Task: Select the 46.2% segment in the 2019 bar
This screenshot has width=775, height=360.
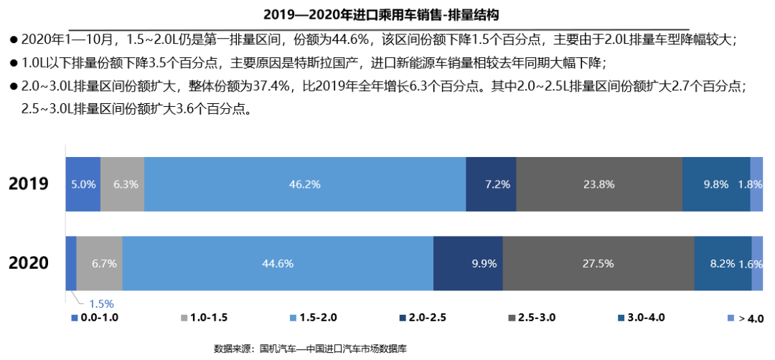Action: (304, 184)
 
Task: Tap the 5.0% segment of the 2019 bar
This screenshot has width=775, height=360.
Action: (83, 184)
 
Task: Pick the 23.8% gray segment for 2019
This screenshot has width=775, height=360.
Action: (598, 184)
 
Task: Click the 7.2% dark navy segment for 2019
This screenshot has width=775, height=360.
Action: (491, 184)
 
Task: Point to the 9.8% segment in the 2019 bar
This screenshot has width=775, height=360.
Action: (715, 184)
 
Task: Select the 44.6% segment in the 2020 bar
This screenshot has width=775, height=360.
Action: (278, 263)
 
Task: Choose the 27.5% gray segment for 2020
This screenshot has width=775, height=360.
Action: (598, 263)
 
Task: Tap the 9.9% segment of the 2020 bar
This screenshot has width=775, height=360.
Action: (468, 263)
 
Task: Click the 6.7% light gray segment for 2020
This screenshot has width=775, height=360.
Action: (100, 263)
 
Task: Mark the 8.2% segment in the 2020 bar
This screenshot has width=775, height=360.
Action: (723, 263)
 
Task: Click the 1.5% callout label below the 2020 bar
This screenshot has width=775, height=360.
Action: (101, 303)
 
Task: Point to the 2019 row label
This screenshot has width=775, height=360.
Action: (29, 184)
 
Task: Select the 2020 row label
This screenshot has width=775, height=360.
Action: (29, 263)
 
